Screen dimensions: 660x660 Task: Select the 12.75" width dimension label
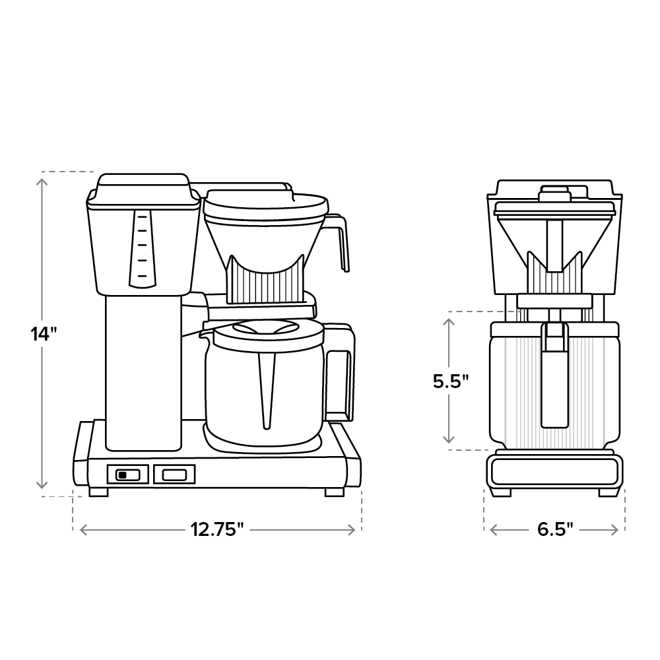pyautogui.click(x=217, y=529)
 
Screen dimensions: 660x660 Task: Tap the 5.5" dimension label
pyautogui.click(x=451, y=381)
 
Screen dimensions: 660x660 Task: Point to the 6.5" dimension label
pyautogui.click(x=554, y=529)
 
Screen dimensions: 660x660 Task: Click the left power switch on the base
pyautogui.click(x=127, y=475)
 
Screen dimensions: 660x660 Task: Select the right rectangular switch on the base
pyautogui.click(x=174, y=474)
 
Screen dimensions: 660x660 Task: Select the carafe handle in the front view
pyautogui.click(x=554, y=376)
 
